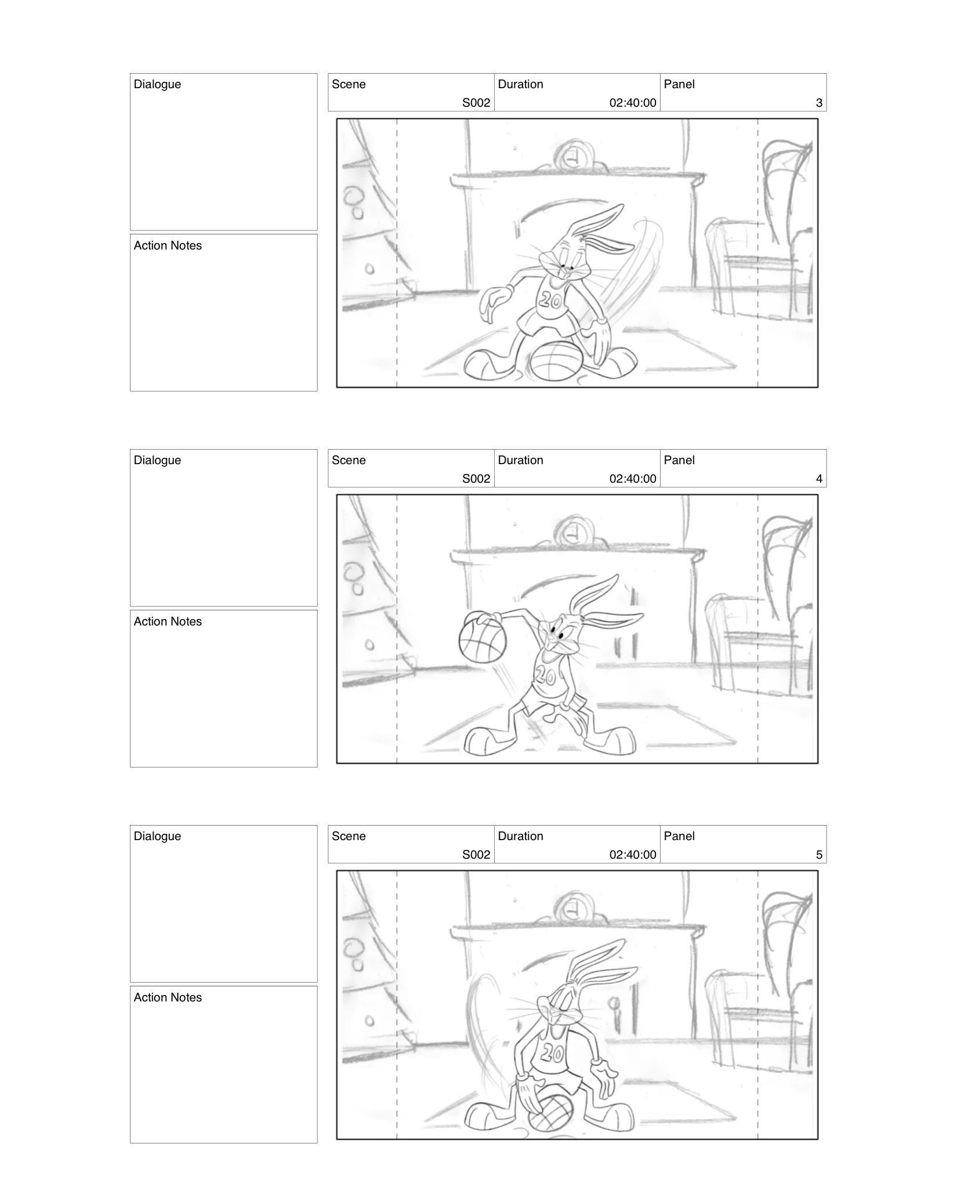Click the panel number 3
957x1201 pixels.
tap(818, 103)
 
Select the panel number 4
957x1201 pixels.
tap(818, 479)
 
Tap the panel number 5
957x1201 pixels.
tap(818, 855)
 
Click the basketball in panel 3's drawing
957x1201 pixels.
tap(555, 362)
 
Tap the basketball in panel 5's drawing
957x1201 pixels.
tap(550, 1113)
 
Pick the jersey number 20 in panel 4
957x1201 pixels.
tap(546, 675)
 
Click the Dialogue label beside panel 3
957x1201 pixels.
tap(157, 85)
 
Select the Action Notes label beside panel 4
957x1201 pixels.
tap(168, 622)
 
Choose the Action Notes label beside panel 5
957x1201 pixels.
tap(168, 998)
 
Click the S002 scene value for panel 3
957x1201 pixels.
tap(476, 103)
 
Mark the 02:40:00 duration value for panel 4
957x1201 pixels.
tap(632, 479)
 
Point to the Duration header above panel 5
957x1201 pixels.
tap(520, 837)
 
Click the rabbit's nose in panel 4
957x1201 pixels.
tap(550, 638)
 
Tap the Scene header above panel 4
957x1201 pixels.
tap(349, 461)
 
